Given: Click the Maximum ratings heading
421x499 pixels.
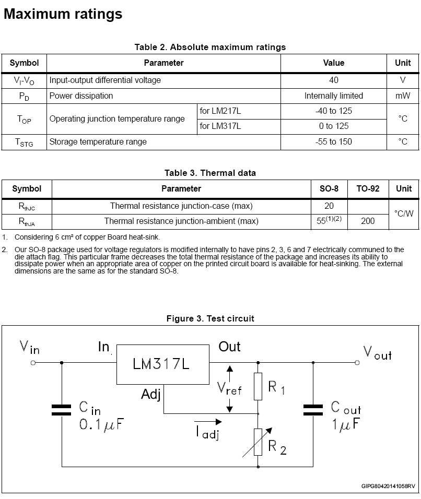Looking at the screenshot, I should pyautogui.click(x=63, y=14).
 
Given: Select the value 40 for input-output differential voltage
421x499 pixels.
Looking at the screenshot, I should pyautogui.click(x=334, y=80).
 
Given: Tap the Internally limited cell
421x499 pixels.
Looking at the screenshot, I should pyautogui.click(x=334, y=96).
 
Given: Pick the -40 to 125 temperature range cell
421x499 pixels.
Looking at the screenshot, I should pyautogui.click(x=334, y=111).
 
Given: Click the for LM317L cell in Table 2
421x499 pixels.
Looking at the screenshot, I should pyautogui.click(x=218, y=126).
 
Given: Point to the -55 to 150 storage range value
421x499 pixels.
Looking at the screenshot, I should pyautogui.click(x=334, y=141).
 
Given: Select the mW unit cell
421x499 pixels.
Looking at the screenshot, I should pyautogui.click(x=403, y=96).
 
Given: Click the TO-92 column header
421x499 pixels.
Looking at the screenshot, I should pyautogui.click(x=368, y=188).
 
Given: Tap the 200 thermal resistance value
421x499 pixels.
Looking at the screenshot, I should pyautogui.click(x=368, y=221).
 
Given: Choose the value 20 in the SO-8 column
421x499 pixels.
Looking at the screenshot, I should pyautogui.click(x=329, y=206).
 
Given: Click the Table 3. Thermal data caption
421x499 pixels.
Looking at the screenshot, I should pyautogui.click(x=210, y=173).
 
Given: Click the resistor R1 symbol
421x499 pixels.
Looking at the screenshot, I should pyautogui.click(x=258, y=387).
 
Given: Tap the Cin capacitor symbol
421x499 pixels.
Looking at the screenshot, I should pyautogui.click(x=62, y=410).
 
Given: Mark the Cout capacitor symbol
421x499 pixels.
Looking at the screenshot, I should pyautogui.click(x=313, y=410).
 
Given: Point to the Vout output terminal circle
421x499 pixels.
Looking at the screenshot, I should pyautogui.click(x=357, y=362).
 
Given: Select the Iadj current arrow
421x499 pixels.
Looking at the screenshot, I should pyautogui.click(x=207, y=421).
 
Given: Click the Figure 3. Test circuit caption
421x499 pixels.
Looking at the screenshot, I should pyautogui.click(x=210, y=318).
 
